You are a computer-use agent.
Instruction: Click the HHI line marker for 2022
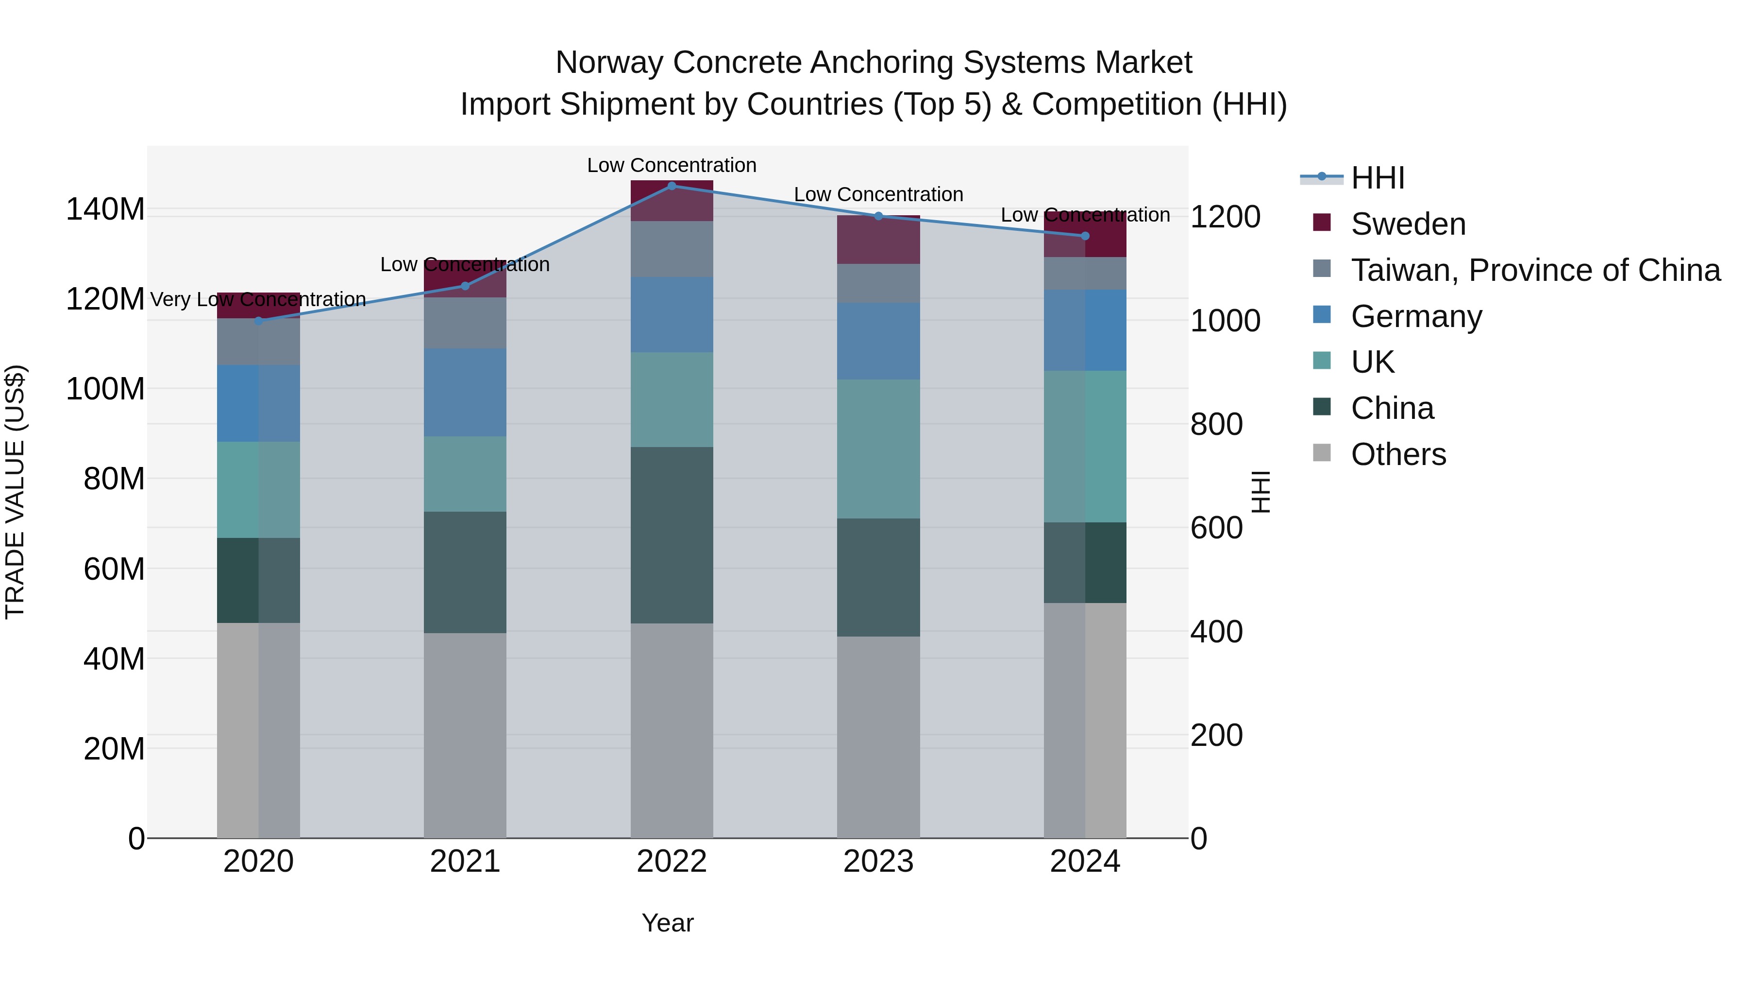(672, 186)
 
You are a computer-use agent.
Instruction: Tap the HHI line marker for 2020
(258, 321)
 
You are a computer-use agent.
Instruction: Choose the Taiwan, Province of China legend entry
(1535, 270)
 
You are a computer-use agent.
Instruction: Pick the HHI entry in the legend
(1377, 178)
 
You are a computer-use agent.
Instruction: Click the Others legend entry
(1398, 454)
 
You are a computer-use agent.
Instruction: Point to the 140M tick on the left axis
(105, 209)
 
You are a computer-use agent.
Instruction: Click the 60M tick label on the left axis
(114, 569)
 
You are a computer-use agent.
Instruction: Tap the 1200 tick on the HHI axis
(1225, 217)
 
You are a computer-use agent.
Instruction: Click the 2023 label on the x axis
(878, 862)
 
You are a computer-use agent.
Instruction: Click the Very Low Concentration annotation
(258, 299)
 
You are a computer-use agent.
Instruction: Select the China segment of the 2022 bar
(672, 535)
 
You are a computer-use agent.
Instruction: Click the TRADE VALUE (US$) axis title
(15, 492)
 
